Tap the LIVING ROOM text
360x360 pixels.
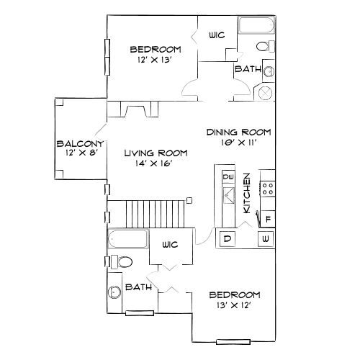(156, 153)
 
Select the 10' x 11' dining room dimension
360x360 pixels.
(238, 143)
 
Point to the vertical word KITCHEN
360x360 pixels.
(247, 192)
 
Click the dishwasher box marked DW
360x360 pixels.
(230, 177)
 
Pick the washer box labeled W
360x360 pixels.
(265, 238)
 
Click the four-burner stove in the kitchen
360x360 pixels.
(267, 189)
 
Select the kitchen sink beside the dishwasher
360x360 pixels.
(230, 195)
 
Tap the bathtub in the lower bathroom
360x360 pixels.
(127, 238)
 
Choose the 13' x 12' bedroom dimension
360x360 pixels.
(234, 305)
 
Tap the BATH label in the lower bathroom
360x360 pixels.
(138, 287)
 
